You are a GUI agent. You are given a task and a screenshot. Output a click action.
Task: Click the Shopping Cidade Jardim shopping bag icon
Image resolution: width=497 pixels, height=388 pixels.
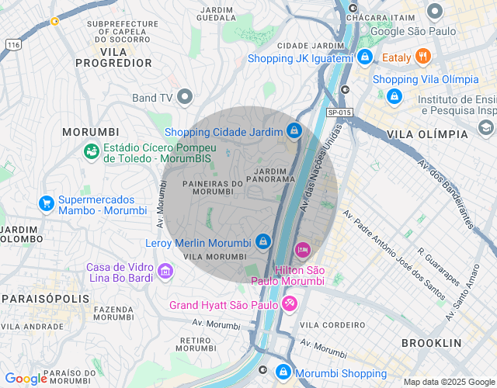click(294, 131)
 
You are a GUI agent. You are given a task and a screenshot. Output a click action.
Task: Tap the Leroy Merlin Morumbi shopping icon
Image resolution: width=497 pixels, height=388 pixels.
click(263, 241)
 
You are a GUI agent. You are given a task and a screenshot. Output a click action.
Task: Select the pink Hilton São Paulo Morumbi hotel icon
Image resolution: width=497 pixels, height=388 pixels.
click(303, 249)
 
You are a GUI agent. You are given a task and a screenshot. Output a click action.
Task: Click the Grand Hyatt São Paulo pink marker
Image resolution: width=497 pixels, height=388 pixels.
click(289, 303)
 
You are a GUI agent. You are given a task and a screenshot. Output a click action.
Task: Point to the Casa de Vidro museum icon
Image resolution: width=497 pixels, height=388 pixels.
click(165, 271)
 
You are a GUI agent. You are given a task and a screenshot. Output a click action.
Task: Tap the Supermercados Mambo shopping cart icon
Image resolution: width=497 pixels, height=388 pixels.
click(47, 203)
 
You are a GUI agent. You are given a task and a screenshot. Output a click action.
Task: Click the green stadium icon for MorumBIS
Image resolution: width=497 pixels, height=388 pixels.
click(92, 151)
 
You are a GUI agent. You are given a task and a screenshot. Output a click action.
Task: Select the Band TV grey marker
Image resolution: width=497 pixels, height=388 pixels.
click(185, 97)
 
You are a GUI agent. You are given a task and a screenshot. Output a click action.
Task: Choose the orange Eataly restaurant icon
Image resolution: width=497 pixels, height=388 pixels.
click(423, 56)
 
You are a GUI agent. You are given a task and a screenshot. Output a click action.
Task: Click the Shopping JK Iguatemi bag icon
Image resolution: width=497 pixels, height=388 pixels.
click(364, 57)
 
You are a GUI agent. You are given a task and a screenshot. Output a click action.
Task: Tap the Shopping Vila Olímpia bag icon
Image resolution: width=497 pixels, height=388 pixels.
click(394, 95)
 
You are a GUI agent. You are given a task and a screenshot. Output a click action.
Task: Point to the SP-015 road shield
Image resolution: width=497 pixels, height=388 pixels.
click(340, 113)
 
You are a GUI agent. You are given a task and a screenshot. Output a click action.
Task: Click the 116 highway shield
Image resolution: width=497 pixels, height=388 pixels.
click(12, 46)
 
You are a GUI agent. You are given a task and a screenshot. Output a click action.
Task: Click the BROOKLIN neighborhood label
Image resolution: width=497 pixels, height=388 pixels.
click(431, 342)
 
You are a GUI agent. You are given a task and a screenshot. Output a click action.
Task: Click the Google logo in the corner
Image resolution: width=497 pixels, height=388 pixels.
click(26, 379)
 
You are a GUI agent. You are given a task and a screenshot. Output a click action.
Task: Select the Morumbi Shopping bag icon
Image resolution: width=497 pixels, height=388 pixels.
click(284, 372)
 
